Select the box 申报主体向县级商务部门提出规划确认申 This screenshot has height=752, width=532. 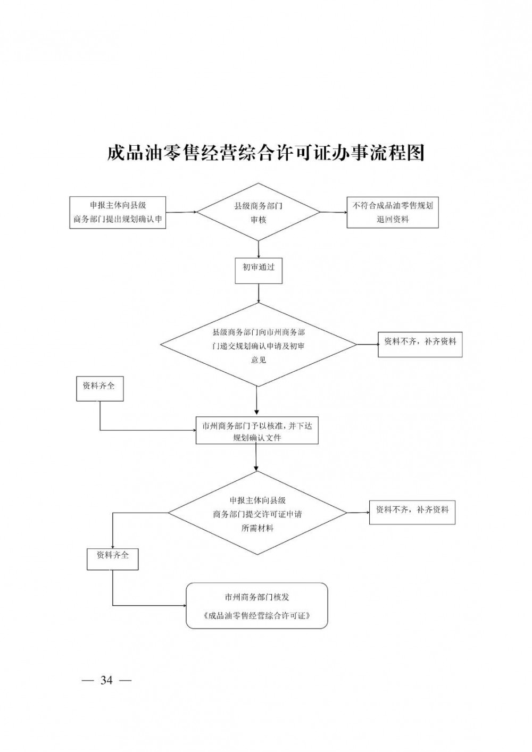(118, 213)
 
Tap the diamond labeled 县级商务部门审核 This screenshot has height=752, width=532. (259, 213)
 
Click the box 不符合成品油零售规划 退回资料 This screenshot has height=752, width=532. (393, 213)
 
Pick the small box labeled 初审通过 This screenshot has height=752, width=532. (259, 271)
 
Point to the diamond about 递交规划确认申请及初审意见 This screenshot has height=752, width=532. (259, 345)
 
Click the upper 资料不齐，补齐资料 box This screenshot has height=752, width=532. (420, 345)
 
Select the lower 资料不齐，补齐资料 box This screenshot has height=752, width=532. (412, 512)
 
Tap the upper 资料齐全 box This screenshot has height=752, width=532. (99, 389)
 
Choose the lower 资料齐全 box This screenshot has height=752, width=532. (112, 558)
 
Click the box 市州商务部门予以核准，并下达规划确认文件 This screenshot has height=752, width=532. (257, 430)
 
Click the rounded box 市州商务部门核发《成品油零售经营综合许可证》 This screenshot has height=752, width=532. (257, 606)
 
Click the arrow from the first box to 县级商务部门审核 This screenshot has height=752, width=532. (181, 212)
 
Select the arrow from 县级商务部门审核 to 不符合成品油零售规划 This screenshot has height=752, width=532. (334, 213)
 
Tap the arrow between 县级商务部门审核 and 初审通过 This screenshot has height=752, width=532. (259, 249)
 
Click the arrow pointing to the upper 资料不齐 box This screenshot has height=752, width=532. (367, 344)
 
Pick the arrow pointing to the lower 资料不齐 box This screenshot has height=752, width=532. (358, 512)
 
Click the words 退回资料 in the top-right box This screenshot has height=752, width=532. (393, 219)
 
